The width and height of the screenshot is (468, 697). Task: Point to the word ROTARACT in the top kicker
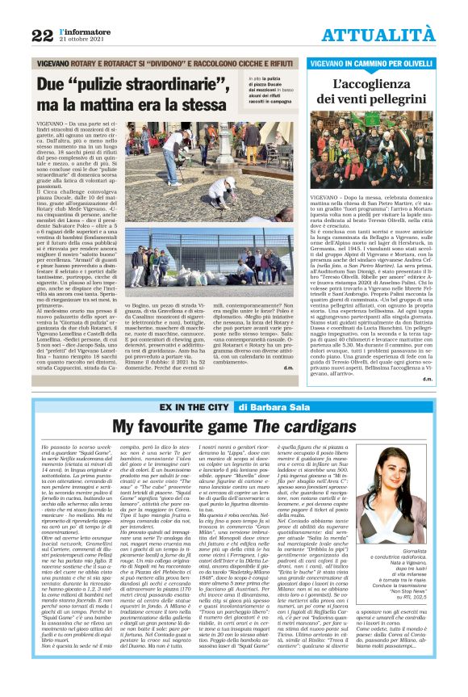pos(141,61)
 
